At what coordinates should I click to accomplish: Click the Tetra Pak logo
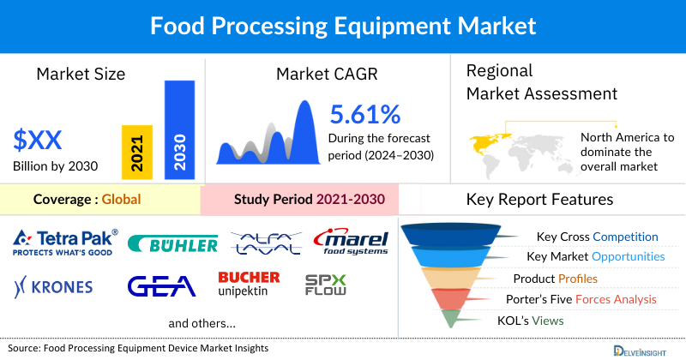[x=65, y=243]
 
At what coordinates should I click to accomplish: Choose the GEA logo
[x=162, y=285]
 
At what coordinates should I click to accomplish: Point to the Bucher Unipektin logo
[x=249, y=284]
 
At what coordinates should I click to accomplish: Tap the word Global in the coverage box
[x=121, y=200]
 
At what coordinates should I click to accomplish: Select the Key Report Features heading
[x=539, y=200]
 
